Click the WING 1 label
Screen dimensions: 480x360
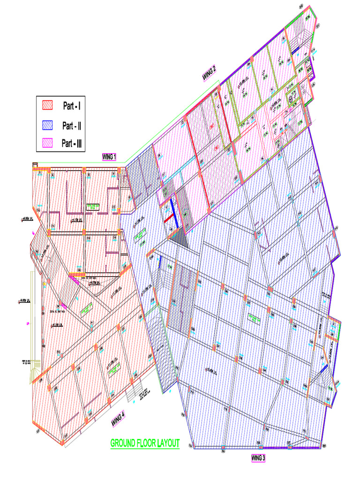[109, 157]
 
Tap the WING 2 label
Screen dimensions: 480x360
[209, 74]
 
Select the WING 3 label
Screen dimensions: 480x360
[258, 457]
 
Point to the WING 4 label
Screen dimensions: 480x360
[118, 418]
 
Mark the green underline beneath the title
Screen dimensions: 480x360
[145, 449]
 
